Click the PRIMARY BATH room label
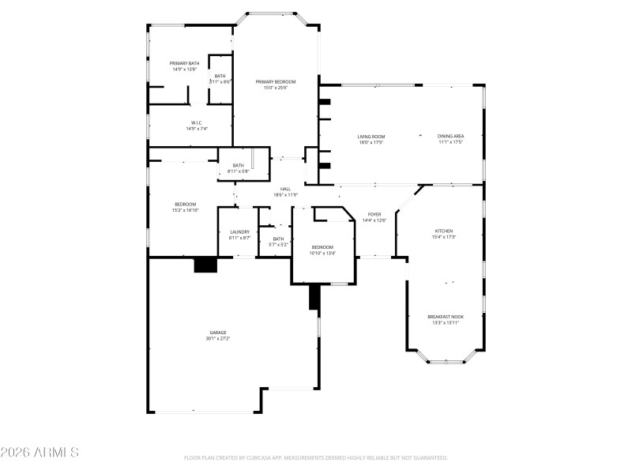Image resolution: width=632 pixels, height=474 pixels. click(184, 63)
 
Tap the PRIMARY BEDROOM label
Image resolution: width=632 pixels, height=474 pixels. click(276, 81)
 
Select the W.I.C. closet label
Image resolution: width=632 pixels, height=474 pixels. click(197, 122)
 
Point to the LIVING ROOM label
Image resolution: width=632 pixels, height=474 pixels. click(371, 137)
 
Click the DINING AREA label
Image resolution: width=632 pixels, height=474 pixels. click(450, 137)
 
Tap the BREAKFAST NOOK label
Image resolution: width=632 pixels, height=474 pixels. click(446, 317)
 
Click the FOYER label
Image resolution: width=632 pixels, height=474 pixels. click(374, 215)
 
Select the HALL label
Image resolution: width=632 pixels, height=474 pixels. click(285, 189)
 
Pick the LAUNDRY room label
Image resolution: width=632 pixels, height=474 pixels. click(239, 231)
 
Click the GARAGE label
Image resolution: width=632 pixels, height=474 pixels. click(218, 333)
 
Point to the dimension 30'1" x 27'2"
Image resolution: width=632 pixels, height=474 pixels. click(218, 339)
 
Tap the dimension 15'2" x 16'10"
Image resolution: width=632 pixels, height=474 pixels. click(186, 210)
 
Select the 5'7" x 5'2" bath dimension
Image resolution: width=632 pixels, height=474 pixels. click(278, 245)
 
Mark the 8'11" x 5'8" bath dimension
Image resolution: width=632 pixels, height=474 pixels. click(239, 171)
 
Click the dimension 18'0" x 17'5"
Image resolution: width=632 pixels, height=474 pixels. click(371, 143)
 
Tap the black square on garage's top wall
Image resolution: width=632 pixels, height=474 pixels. click(206, 265)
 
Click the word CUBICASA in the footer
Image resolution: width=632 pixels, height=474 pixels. click(280, 457)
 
